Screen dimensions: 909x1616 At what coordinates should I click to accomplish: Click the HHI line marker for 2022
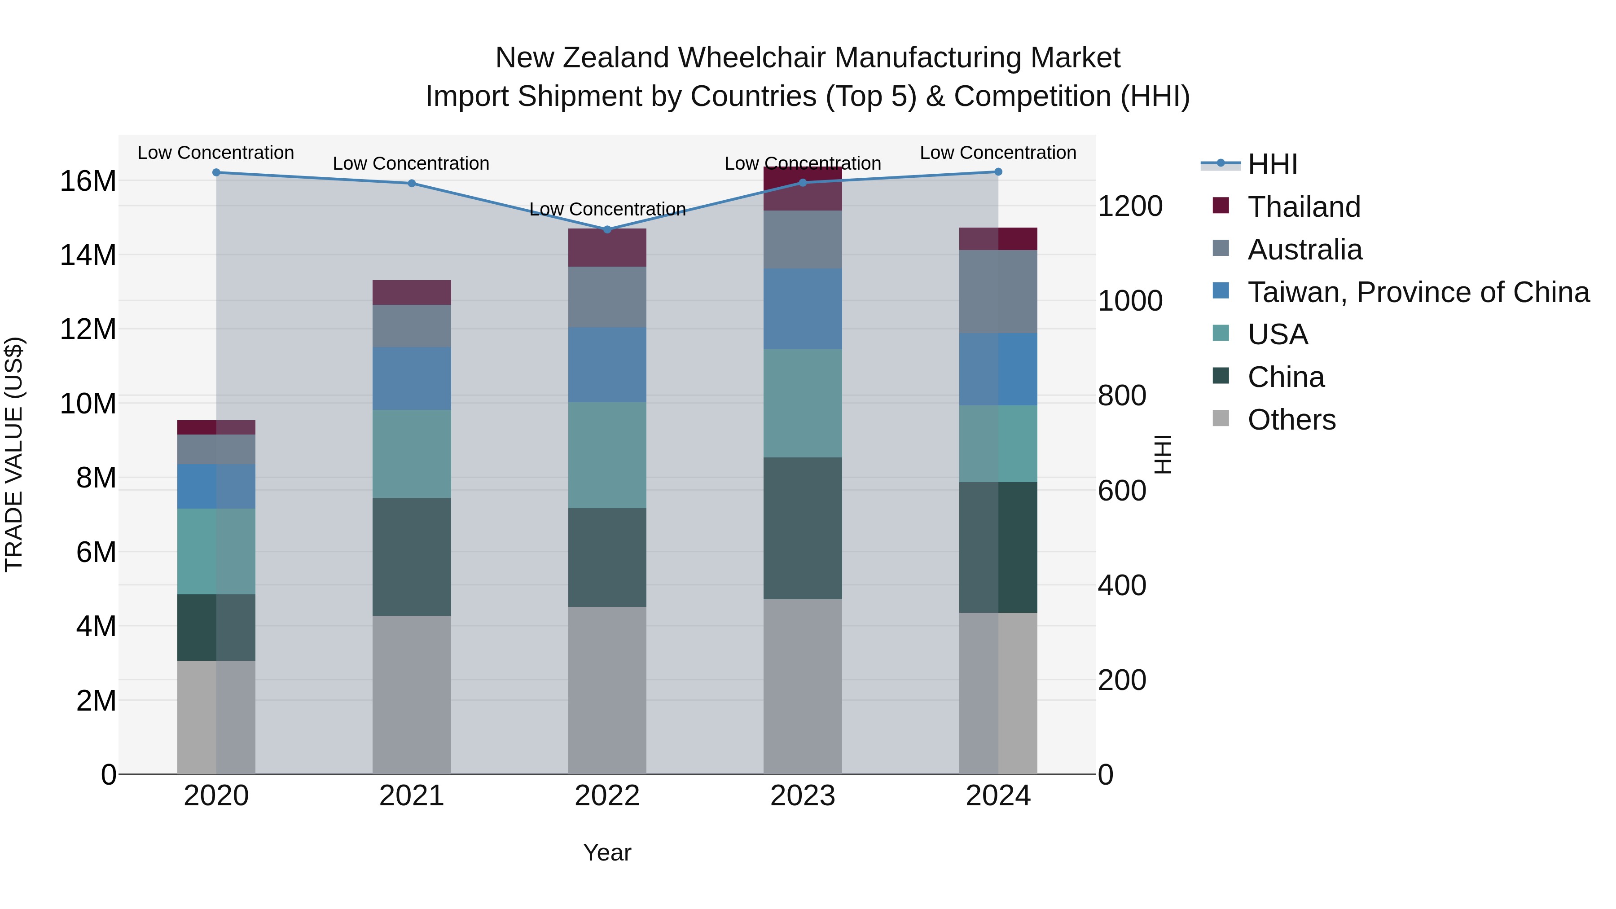[x=606, y=229]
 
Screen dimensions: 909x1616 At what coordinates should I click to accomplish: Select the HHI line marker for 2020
[x=216, y=172]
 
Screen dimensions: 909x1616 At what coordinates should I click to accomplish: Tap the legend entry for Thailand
[x=1304, y=207]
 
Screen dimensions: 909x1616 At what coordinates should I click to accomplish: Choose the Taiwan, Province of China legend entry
[x=1418, y=292]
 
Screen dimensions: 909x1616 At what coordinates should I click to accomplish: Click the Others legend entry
[x=1291, y=420]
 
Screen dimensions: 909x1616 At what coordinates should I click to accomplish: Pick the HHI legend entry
[x=1272, y=164]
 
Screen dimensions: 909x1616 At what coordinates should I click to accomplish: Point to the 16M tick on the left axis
[x=88, y=181]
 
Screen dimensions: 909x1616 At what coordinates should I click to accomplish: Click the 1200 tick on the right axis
[x=1130, y=206]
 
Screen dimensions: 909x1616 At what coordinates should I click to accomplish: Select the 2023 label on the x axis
[x=802, y=796]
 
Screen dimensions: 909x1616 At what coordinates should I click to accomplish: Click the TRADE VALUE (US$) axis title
[x=14, y=454]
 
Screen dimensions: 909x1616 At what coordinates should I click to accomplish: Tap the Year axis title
[x=606, y=852]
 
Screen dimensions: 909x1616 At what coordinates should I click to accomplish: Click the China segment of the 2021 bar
[x=412, y=557]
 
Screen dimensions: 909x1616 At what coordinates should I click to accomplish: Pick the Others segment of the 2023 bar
[x=802, y=686]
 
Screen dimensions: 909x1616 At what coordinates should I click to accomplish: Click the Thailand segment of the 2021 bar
[x=412, y=292]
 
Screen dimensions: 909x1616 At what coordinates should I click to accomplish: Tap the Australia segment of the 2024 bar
[x=997, y=292]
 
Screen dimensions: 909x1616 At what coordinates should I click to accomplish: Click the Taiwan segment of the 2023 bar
[x=802, y=309]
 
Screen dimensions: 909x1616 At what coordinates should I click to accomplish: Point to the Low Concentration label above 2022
[x=606, y=209]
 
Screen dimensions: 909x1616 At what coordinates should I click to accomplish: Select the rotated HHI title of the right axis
[x=1163, y=454]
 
